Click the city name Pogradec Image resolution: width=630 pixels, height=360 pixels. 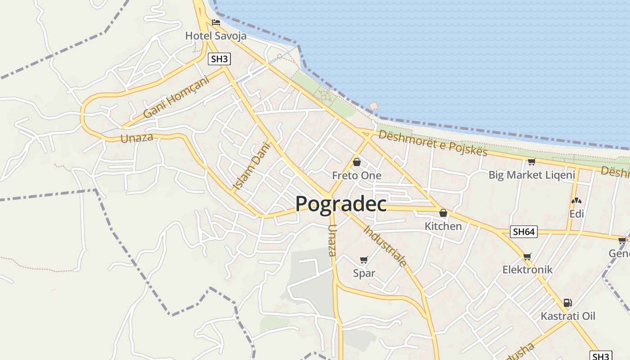341,204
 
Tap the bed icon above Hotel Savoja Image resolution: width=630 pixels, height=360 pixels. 216,22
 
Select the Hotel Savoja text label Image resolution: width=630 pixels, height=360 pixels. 216,36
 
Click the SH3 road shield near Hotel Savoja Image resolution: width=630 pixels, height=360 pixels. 219,59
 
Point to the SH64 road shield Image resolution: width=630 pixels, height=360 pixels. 524,232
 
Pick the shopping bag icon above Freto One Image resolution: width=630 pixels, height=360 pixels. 357,162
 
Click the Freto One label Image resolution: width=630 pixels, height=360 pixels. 357,175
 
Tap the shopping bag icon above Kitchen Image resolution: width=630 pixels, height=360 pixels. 443,213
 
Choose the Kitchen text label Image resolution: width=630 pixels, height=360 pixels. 443,226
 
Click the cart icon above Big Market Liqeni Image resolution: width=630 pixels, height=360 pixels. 531,162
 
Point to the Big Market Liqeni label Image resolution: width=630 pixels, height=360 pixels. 532,175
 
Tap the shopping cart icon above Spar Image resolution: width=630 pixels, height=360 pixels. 364,260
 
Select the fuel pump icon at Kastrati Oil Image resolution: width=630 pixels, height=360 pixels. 568,303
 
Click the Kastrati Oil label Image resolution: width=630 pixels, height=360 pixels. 568,316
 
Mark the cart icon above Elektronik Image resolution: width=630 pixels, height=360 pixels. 527,256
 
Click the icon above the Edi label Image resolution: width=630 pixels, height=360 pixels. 576,201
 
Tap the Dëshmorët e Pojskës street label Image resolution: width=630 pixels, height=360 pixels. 433,143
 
